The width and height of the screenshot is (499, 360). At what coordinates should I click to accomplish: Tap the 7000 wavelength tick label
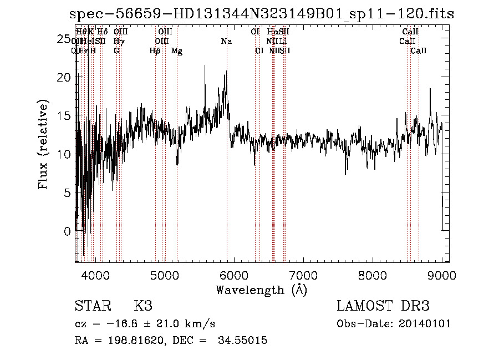point(303,275)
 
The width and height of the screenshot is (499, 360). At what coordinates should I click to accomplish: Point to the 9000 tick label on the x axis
point(442,275)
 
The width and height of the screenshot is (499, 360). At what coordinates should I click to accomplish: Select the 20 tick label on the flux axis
point(65,77)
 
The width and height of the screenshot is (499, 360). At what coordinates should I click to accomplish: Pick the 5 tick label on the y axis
point(68,193)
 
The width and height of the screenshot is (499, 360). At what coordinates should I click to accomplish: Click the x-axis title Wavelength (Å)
point(261,290)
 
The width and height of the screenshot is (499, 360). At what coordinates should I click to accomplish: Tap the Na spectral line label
point(226,42)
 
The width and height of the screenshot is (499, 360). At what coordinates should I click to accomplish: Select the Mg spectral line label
point(177,51)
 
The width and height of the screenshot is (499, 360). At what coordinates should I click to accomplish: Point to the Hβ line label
point(155,51)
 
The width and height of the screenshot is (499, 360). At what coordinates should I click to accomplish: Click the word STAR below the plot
point(93,306)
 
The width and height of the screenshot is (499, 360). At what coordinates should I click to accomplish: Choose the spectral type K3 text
point(142,306)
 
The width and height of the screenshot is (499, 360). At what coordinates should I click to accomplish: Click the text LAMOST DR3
point(383,306)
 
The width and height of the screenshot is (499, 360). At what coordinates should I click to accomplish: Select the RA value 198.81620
point(136,341)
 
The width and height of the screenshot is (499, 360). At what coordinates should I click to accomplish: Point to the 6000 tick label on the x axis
point(233,275)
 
